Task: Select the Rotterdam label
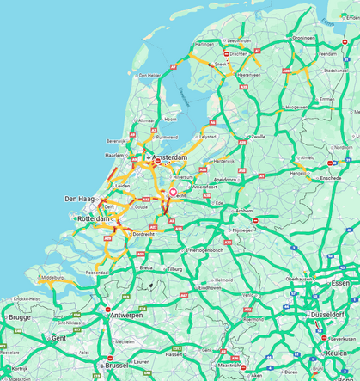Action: click(95, 219)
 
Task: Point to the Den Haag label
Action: click(78, 200)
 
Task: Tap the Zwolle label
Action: click(258, 137)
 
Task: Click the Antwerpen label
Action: click(125, 315)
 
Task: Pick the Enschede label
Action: click(330, 178)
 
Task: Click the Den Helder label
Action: click(149, 75)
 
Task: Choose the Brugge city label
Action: click(19, 316)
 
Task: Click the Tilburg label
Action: click(174, 269)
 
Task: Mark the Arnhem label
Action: click(245, 210)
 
